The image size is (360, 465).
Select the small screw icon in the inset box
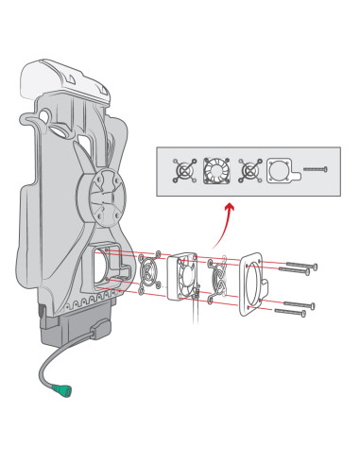316,171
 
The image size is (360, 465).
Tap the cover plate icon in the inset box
282,171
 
